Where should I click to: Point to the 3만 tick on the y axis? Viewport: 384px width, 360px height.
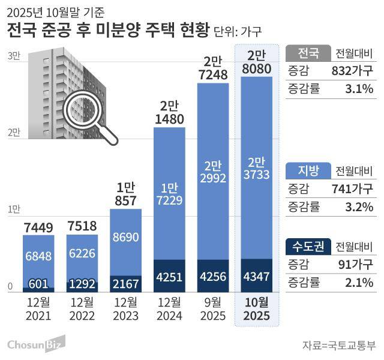coord(13,56)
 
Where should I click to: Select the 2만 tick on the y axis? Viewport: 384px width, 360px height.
coord(13,132)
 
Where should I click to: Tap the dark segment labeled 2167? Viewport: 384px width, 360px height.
coord(126,283)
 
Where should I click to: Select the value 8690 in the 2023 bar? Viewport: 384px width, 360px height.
coord(126,237)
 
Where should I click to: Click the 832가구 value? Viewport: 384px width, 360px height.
coord(352,70)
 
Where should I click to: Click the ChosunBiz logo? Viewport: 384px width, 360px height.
coord(36,344)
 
